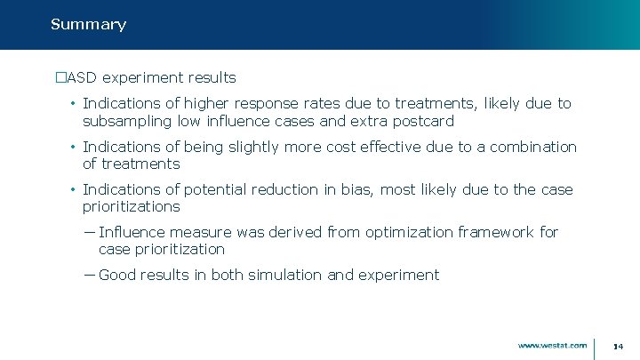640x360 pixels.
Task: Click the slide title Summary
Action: [x=88, y=25]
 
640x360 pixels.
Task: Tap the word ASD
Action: [x=82, y=78]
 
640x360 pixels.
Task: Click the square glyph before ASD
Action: [x=61, y=78]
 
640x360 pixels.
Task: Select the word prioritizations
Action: [x=132, y=206]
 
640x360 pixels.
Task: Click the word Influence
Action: [x=133, y=232]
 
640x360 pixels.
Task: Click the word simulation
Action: [x=284, y=275]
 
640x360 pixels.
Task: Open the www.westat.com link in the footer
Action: [x=552, y=345]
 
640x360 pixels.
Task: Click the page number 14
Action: [x=619, y=346]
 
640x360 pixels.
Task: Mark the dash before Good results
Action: [x=90, y=275]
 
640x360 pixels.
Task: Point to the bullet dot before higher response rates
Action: [x=72, y=104]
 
